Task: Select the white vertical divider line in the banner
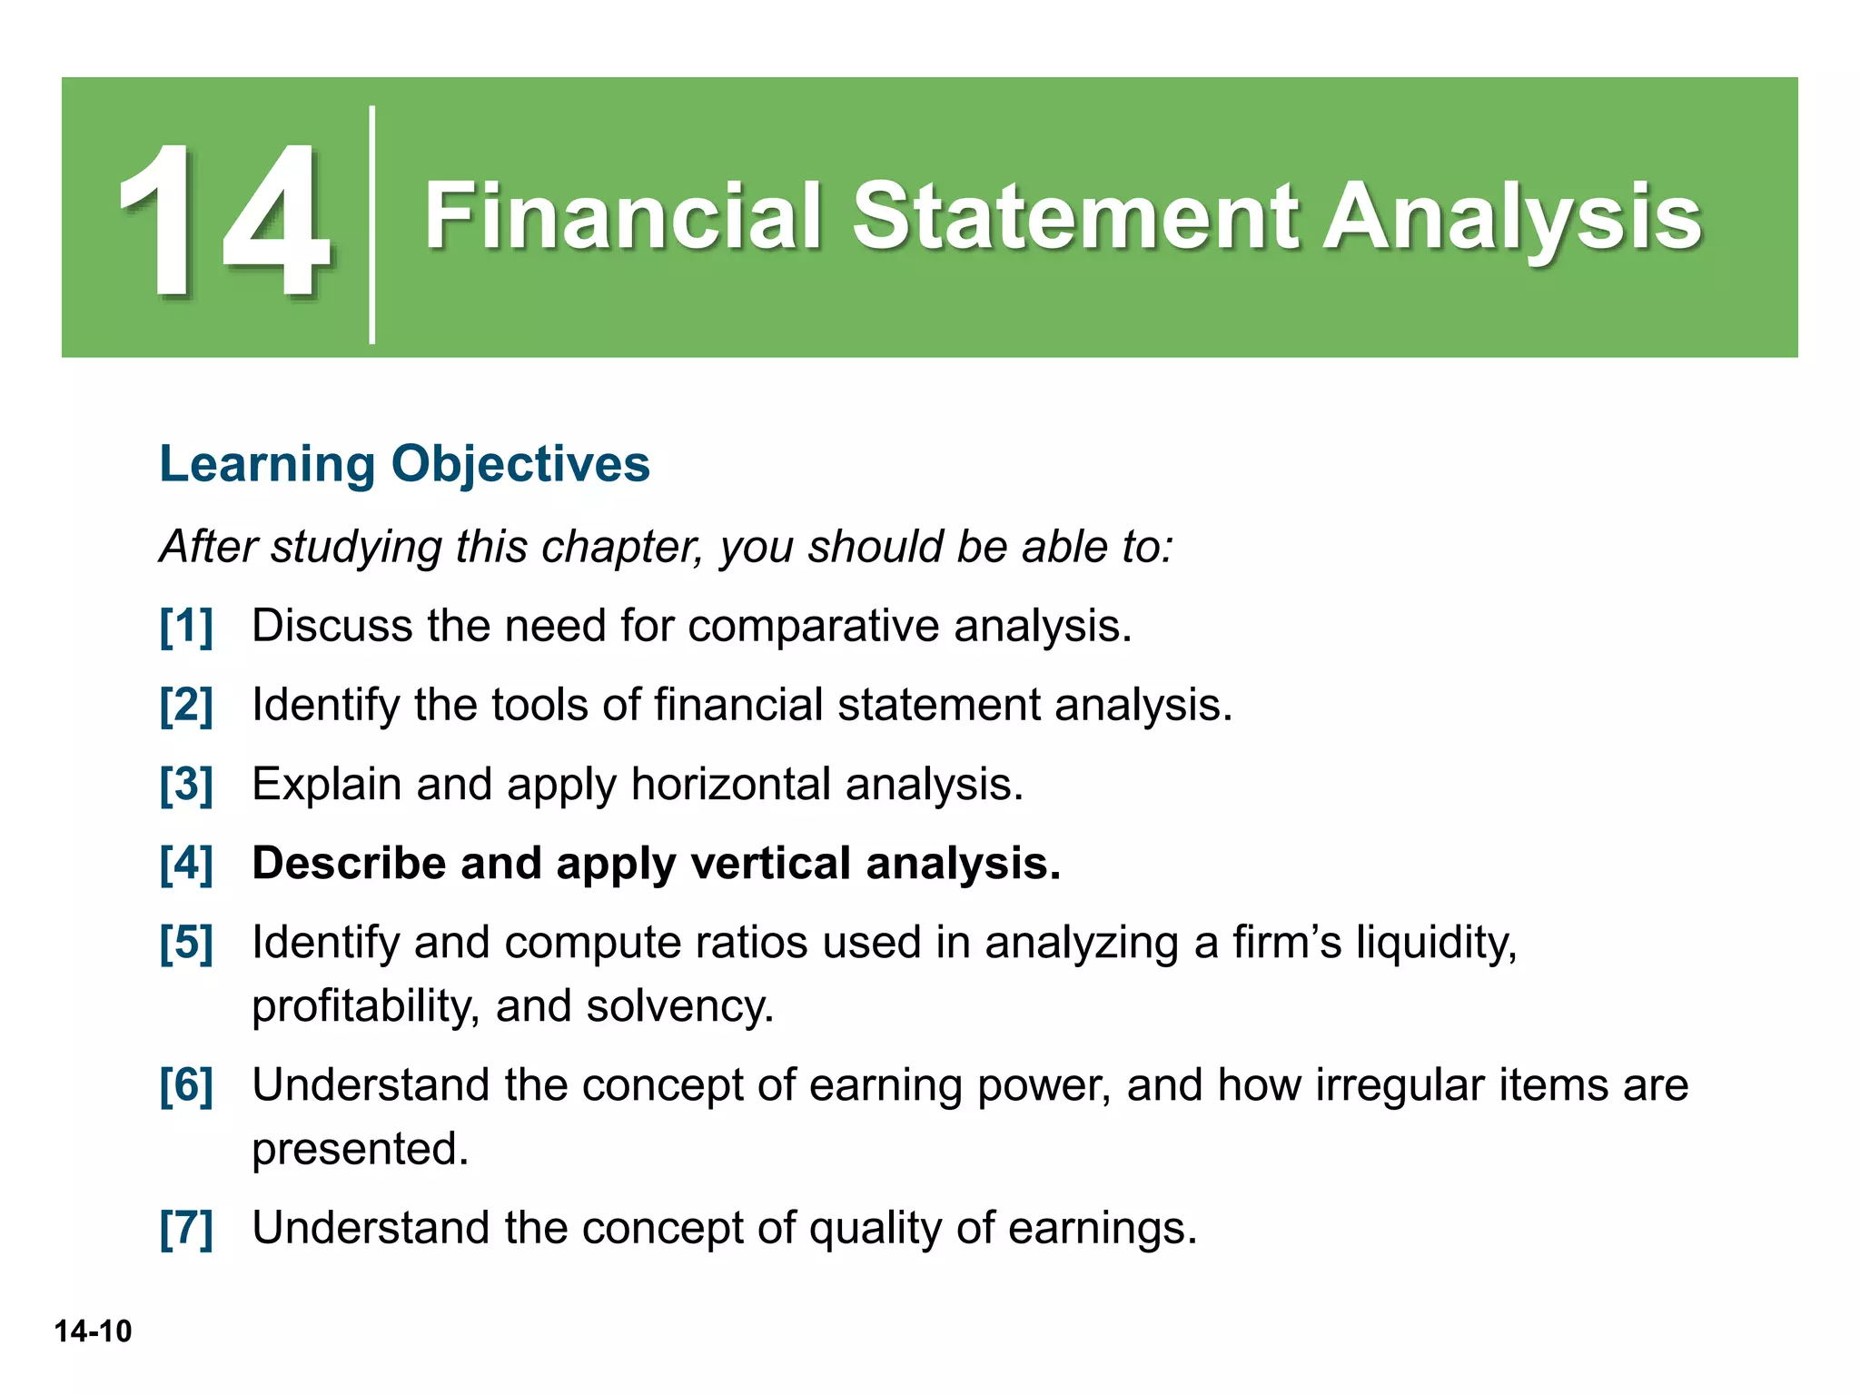(372, 224)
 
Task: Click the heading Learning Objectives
(404, 464)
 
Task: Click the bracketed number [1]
(186, 627)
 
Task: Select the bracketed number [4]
(186, 864)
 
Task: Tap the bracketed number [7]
(186, 1229)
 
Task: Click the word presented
(360, 1149)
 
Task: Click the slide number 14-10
(93, 1331)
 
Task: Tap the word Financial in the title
(623, 216)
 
